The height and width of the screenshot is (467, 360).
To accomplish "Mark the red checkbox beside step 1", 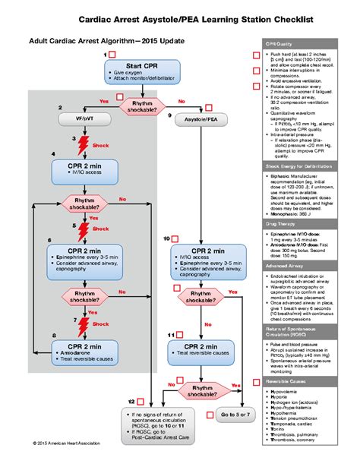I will pyautogui.click(x=112, y=56).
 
